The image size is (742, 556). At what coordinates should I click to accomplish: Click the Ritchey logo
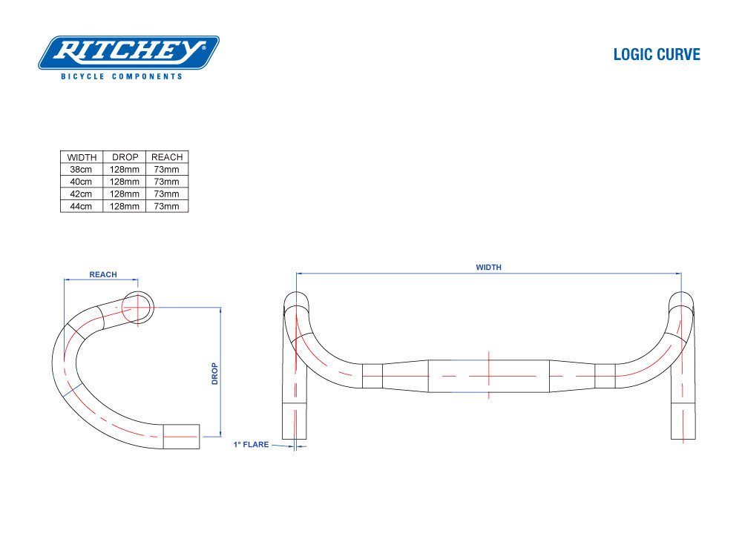click(x=128, y=53)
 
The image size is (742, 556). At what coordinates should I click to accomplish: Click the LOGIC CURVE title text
click(x=656, y=55)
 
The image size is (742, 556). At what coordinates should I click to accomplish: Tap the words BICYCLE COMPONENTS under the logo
click(x=122, y=76)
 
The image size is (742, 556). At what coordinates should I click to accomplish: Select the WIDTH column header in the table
click(x=82, y=157)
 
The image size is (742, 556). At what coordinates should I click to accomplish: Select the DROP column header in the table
click(x=125, y=157)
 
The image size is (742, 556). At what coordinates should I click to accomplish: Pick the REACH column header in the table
click(x=167, y=157)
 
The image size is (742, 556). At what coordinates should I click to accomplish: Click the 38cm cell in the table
click(x=82, y=170)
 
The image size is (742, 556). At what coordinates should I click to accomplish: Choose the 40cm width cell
click(x=82, y=182)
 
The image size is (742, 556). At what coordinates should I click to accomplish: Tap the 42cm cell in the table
click(x=82, y=194)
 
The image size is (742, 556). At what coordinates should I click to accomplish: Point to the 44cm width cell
click(x=82, y=206)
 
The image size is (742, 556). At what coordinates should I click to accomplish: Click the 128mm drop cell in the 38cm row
click(x=125, y=170)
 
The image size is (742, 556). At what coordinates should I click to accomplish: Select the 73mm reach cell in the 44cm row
click(x=167, y=206)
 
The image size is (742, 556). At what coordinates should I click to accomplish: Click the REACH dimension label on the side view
click(x=103, y=274)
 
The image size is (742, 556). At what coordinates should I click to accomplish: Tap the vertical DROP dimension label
click(x=214, y=373)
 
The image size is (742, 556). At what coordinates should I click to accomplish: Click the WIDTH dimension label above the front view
click(x=488, y=267)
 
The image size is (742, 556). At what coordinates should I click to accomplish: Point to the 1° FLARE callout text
click(x=251, y=445)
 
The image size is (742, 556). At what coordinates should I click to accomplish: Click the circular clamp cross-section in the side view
click(x=138, y=307)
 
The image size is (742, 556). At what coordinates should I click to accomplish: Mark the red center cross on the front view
click(x=489, y=375)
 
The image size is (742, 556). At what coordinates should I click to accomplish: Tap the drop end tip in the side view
click(x=183, y=437)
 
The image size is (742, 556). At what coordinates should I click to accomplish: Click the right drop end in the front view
click(x=683, y=423)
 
